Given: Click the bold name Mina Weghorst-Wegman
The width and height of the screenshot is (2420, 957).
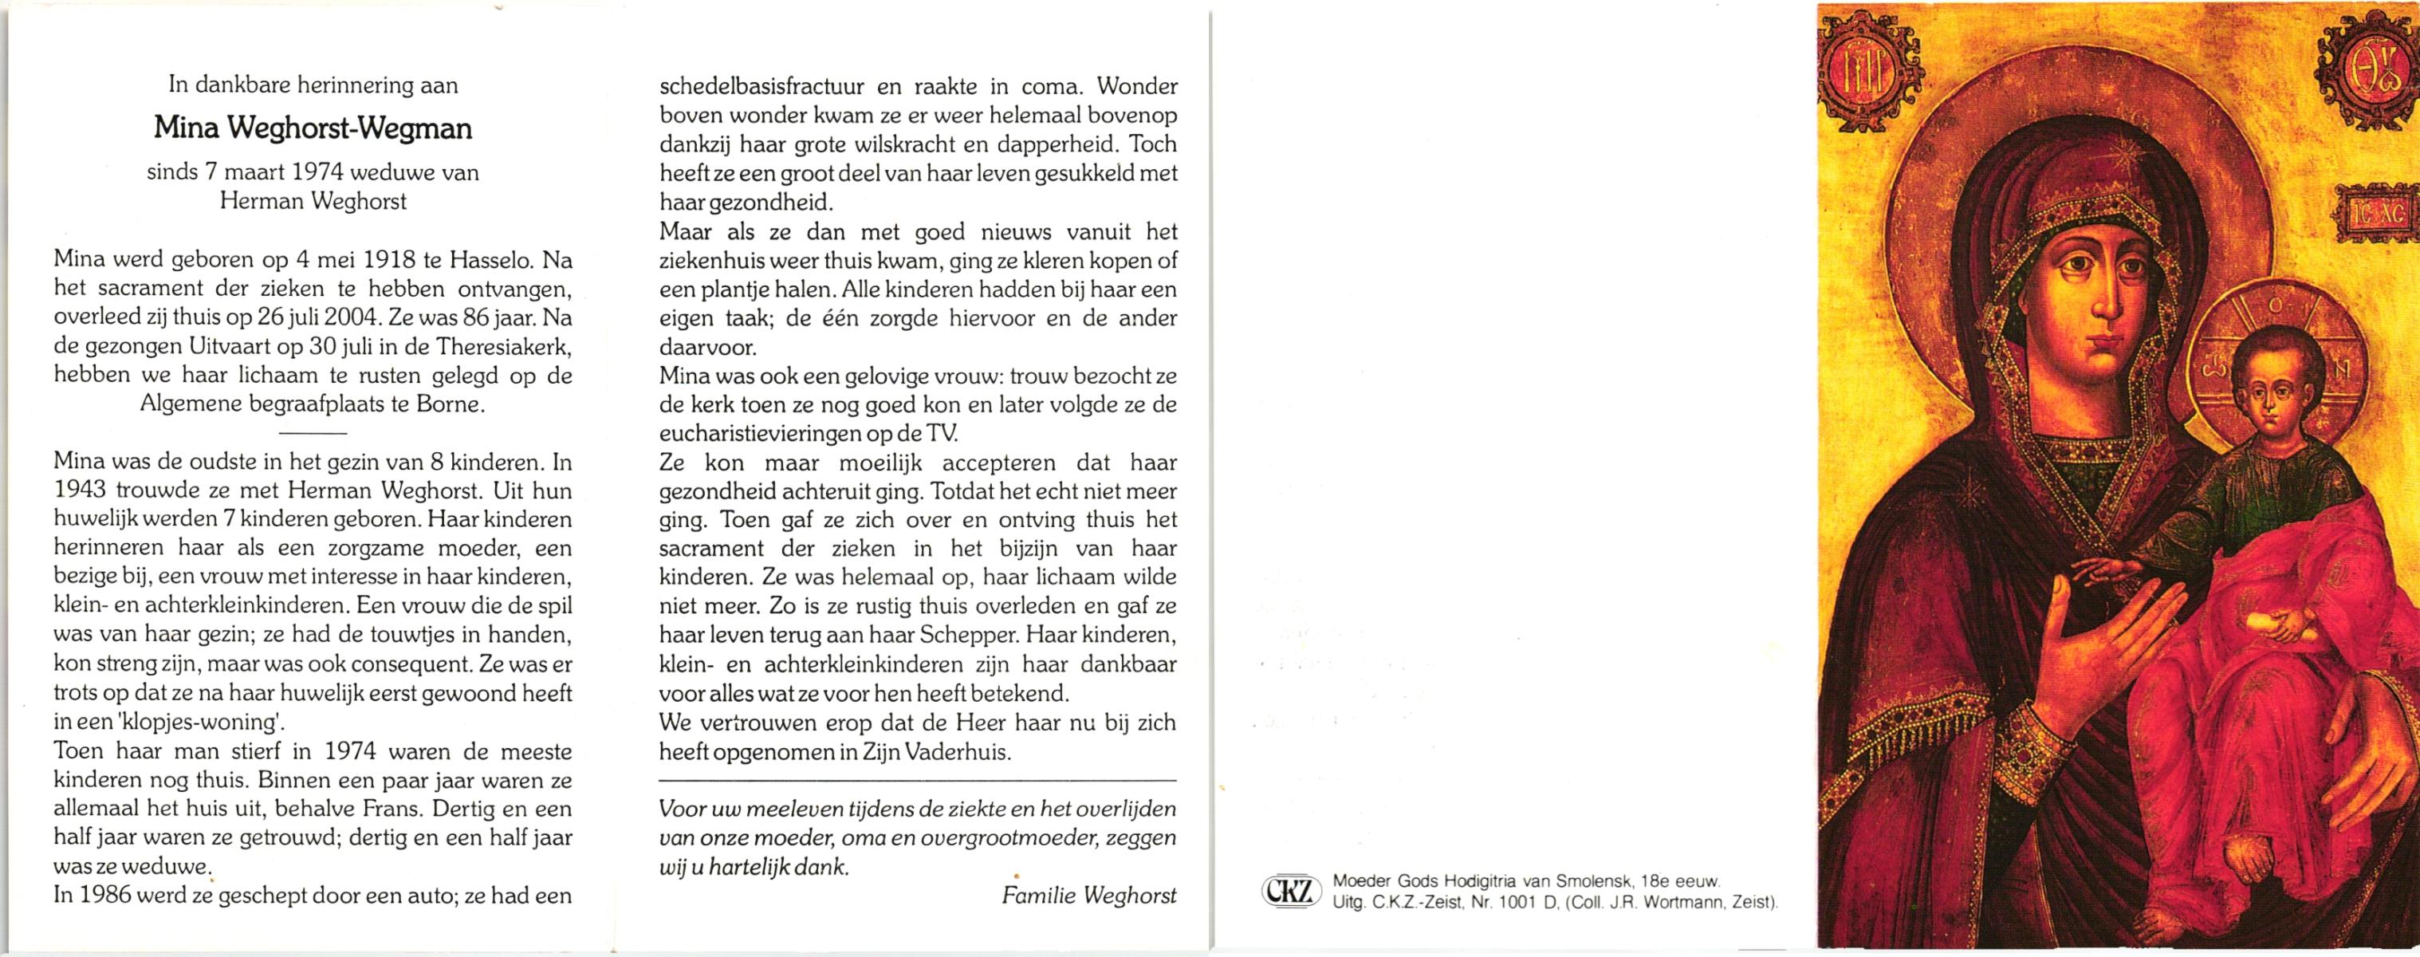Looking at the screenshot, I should pyautogui.click(x=313, y=128).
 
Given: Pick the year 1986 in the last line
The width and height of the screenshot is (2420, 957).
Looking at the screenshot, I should pyautogui.click(x=105, y=896).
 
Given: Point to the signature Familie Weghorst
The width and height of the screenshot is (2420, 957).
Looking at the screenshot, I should pyautogui.click(x=1089, y=896).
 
